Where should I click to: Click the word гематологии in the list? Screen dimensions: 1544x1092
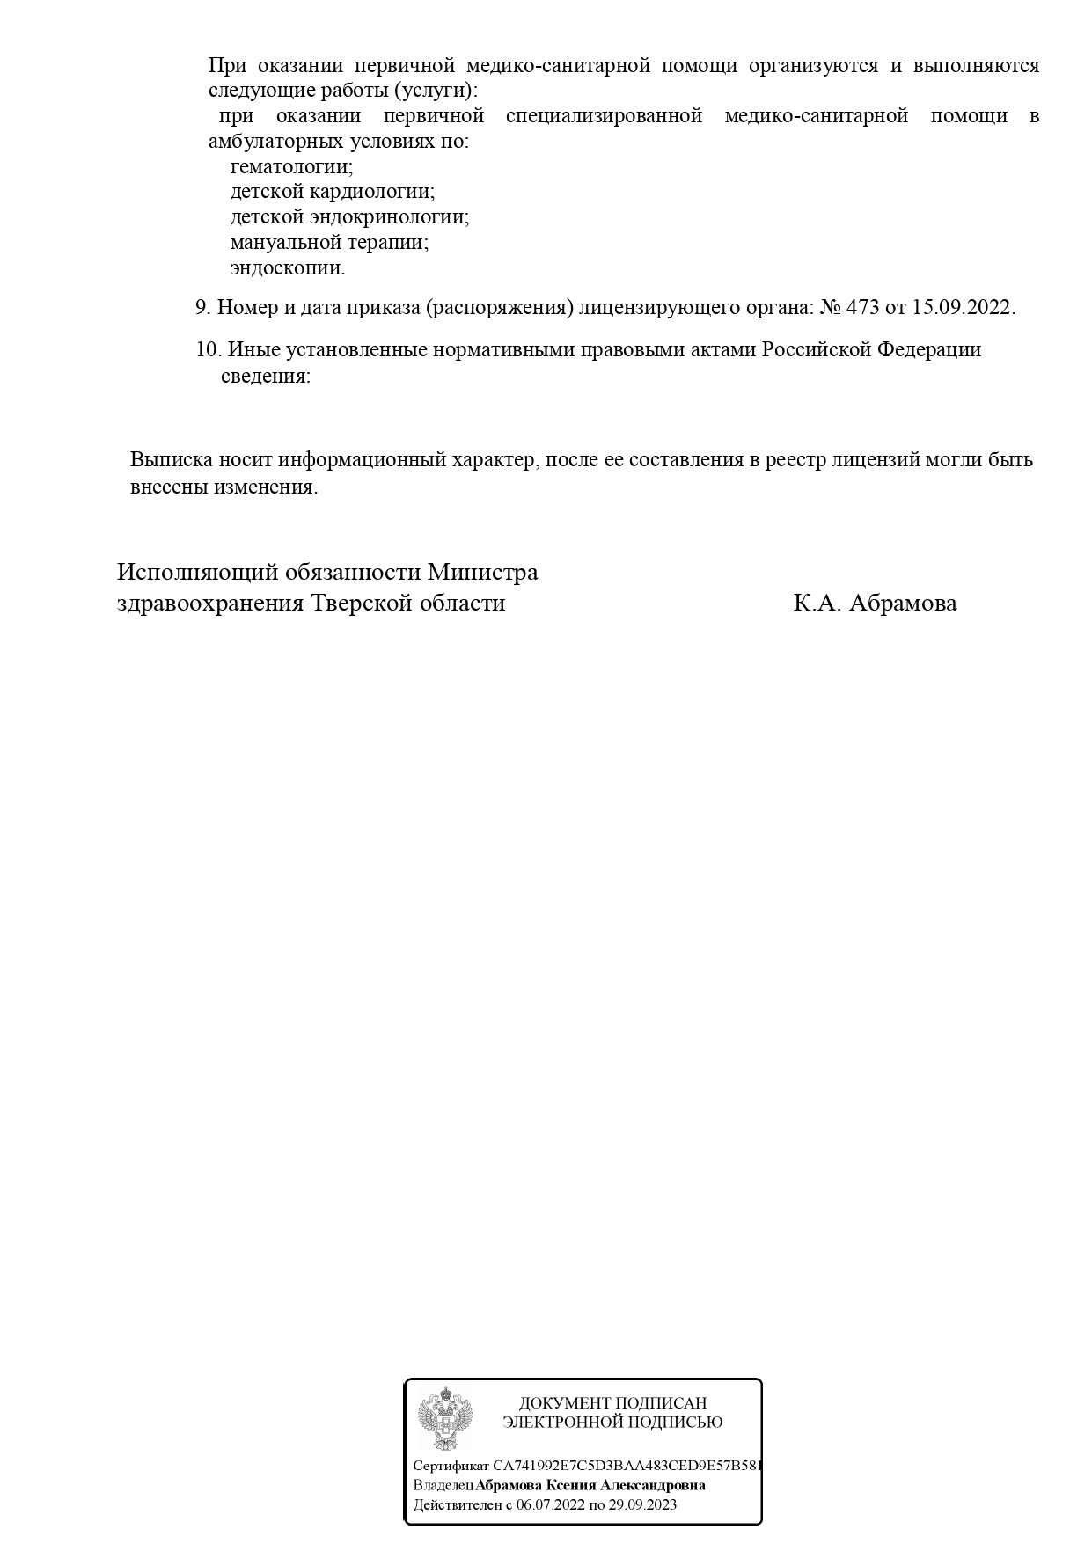click(291, 166)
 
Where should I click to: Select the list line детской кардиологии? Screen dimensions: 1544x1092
click(332, 192)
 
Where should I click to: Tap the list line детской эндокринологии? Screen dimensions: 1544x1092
click(349, 217)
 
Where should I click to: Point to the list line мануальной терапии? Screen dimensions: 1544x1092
click(329, 242)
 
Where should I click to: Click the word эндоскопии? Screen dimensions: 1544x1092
click(288, 267)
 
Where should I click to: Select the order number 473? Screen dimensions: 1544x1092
click(862, 308)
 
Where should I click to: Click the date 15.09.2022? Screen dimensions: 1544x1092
click(963, 308)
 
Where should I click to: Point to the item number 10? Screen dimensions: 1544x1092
click(207, 350)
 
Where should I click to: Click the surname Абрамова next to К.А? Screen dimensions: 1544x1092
click(903, 604)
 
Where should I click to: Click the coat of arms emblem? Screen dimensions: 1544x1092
click(444, 1419)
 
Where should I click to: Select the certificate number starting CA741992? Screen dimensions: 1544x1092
click(627, 1467)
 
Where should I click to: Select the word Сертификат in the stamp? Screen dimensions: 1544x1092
click(451, 1467)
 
